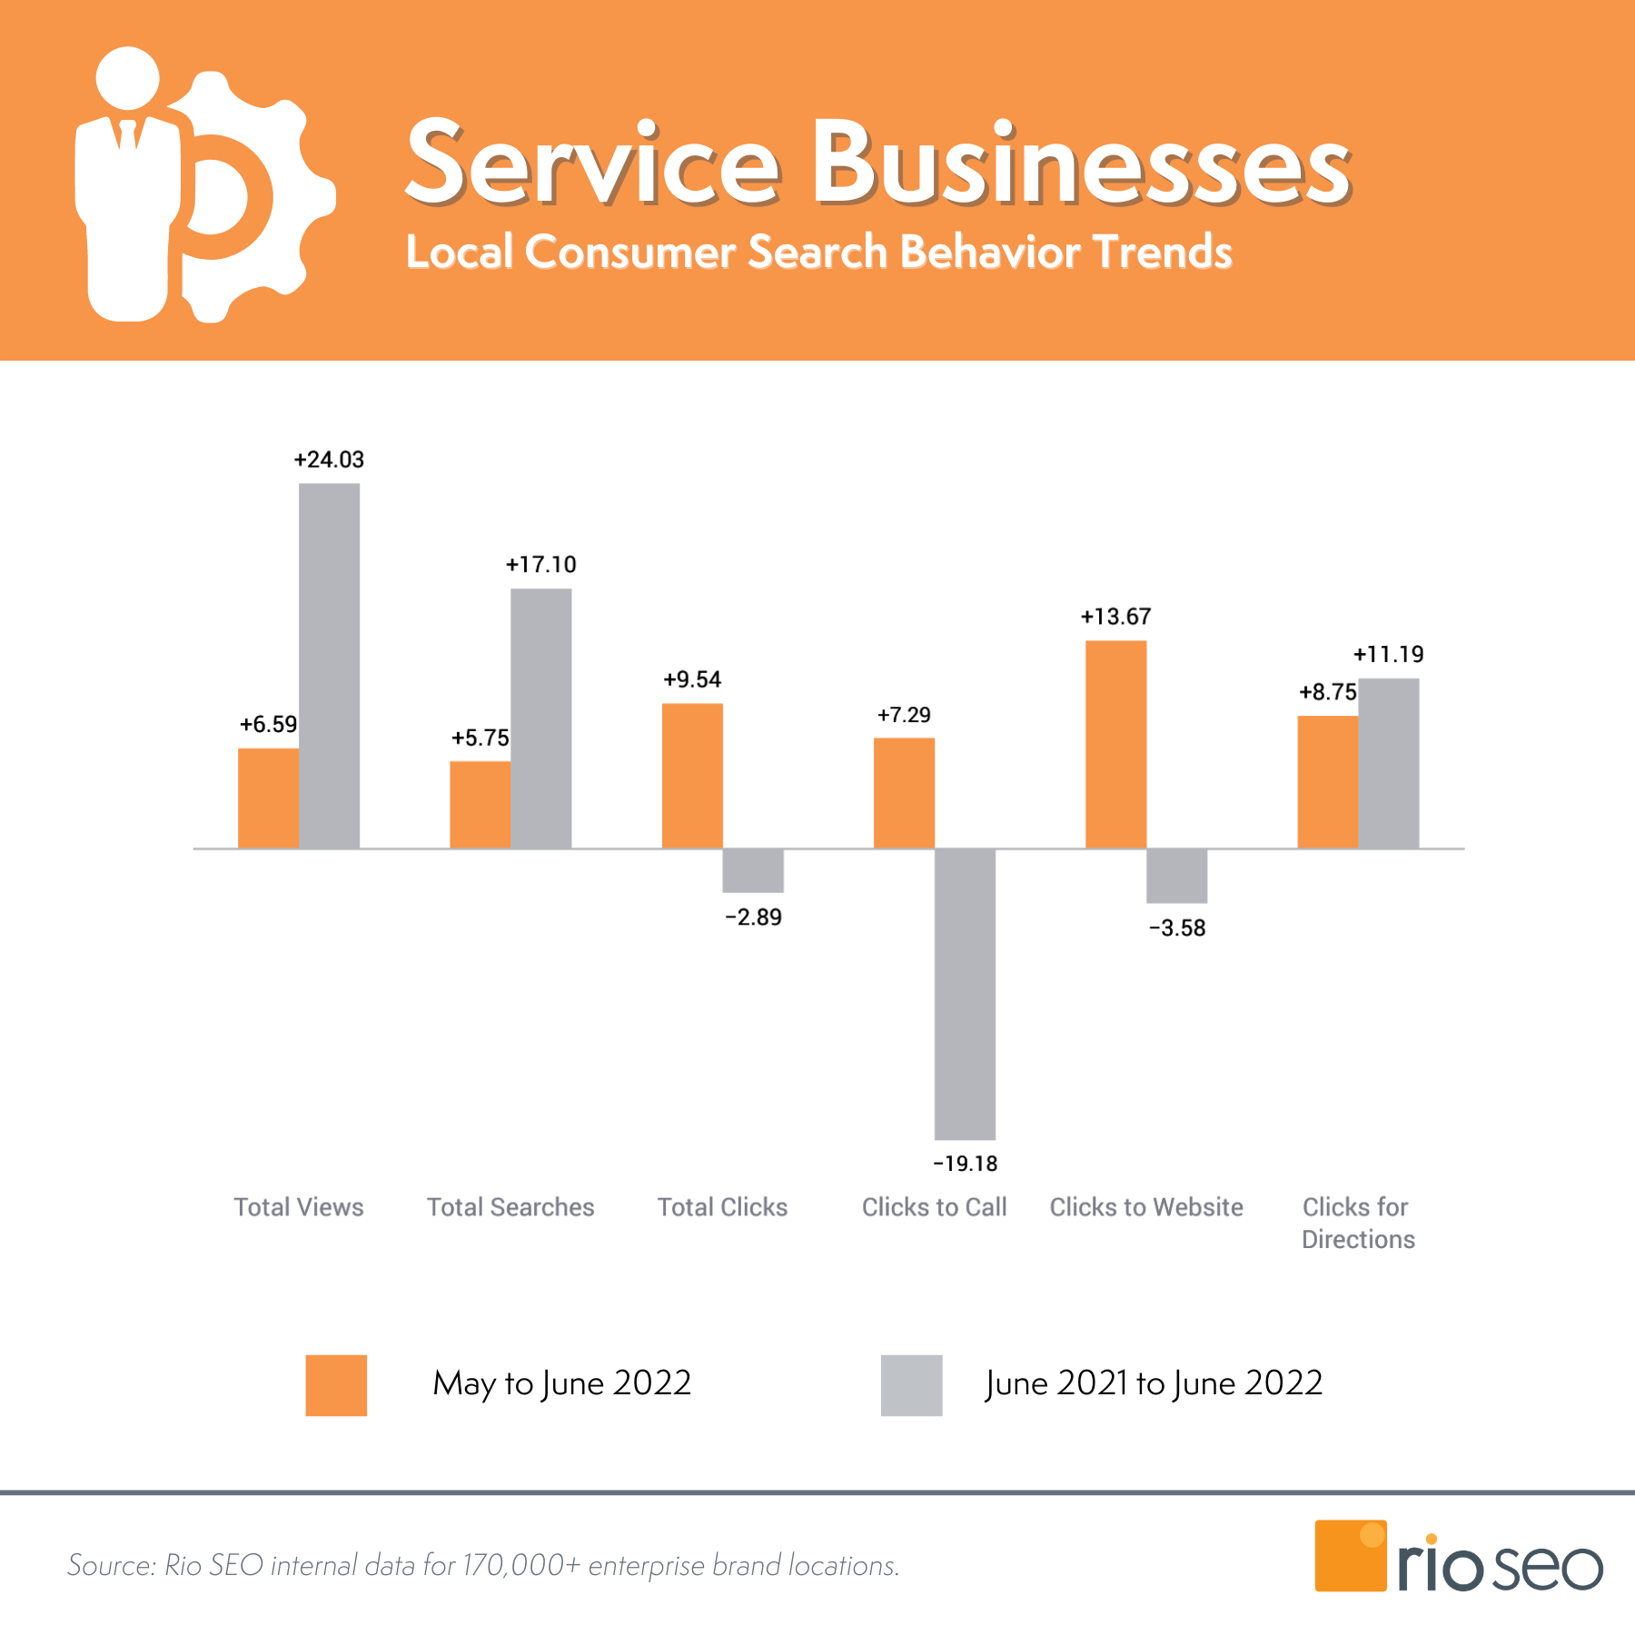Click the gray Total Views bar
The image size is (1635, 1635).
[329, 666]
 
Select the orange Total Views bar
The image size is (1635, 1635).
[268, 798]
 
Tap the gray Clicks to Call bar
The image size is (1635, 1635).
[965, 994]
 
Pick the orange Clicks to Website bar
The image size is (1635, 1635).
[1115, 745]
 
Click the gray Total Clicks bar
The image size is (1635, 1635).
[753, 870]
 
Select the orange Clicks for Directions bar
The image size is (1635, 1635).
[1327, 782]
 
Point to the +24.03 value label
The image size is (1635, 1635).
[329, 460]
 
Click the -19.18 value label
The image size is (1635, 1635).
[965, 1164]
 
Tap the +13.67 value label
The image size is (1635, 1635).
[1115, 617]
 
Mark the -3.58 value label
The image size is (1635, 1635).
[1177, 928]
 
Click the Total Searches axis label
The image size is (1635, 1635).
[510, 1207]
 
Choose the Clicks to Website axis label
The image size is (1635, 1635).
[1146, 1207]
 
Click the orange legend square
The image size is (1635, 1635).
[336, 1385]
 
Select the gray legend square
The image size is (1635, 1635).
[911, 1385]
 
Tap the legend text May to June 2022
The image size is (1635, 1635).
[562, 1383]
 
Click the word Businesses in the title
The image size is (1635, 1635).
[1081, 165]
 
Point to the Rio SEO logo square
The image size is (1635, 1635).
[1351, 1555]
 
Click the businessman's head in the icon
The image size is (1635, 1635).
[128, 78]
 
